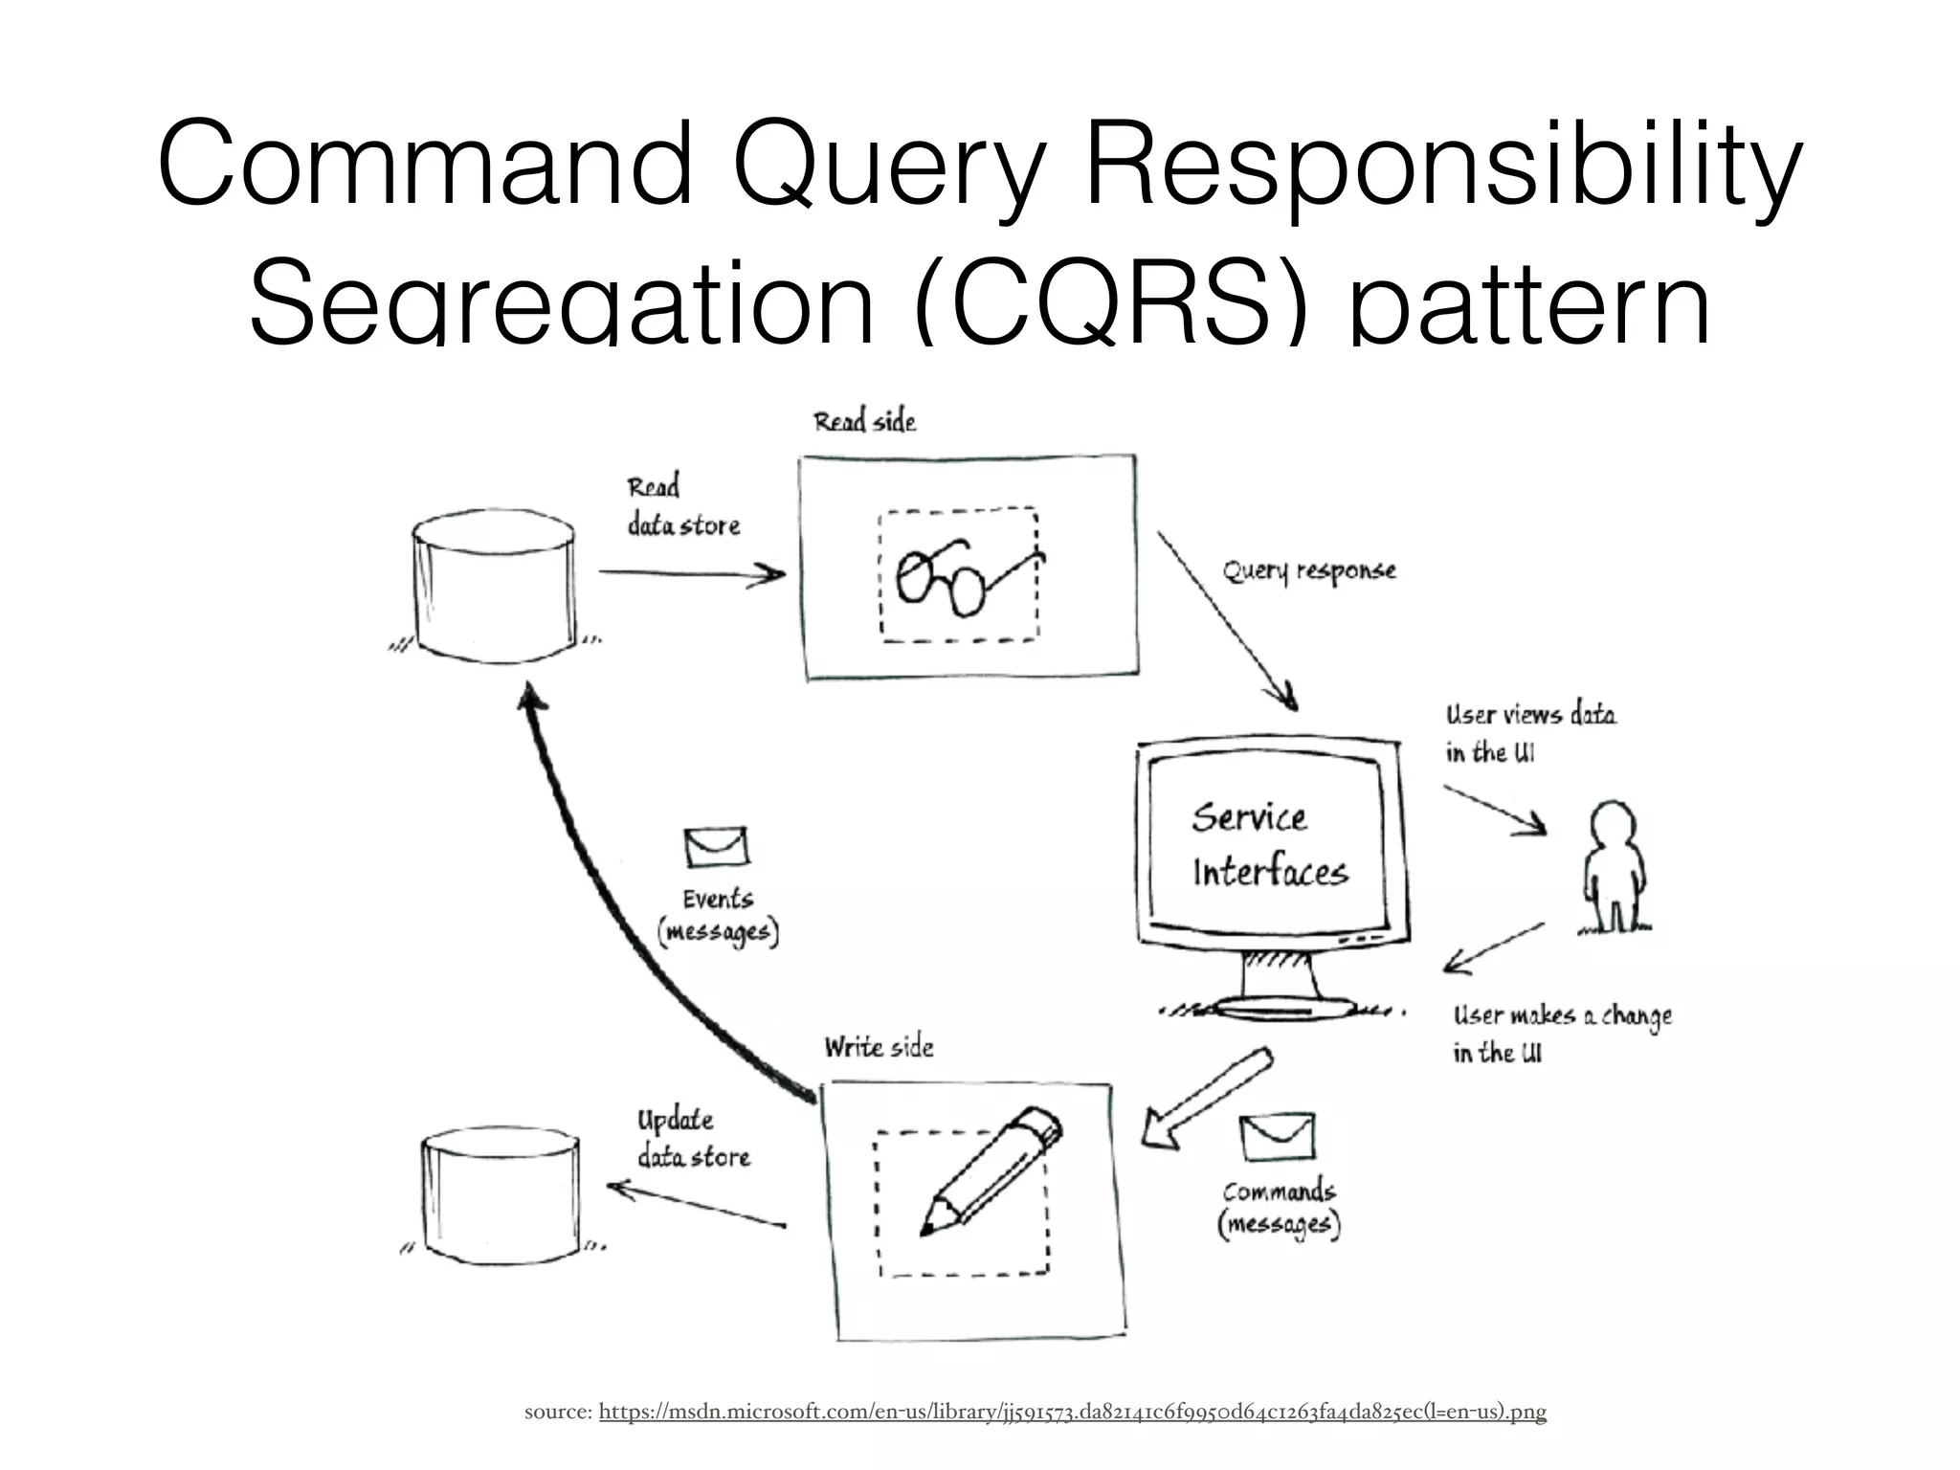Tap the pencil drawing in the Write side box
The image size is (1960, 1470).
click(x=991, y=1172)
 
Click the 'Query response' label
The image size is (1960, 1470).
click(x=1309, y=571)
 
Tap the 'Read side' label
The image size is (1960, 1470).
click(x=864, y=422)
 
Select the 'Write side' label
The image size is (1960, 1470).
click(x=879, y=1047)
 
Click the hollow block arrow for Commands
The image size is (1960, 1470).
click(x=1206, y=1098)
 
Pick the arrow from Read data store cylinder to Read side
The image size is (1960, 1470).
click(x=691, y=574)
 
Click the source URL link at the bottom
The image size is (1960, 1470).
click(x=1072, y=1412)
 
